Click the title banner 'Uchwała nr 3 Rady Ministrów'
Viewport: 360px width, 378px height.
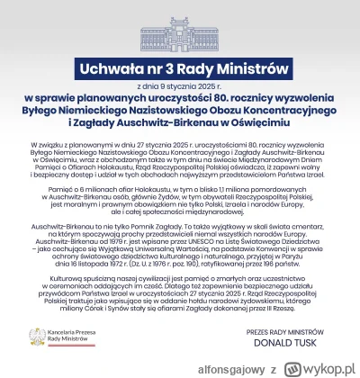point(179,68)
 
